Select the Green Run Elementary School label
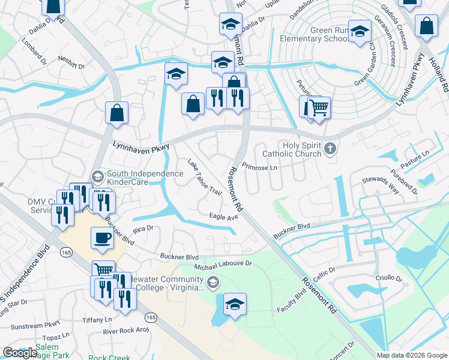coord(313,34)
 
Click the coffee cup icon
coord(102,238)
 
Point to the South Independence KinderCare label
coord(144,178)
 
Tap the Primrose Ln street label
coord(259,166)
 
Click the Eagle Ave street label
coord(223,217)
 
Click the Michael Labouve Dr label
coord(223,263)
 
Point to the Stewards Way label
coord(381,184)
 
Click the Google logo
coord(20,353)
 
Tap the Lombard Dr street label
coord(35,55)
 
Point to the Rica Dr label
coord(143,229)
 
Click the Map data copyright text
coord(412,355)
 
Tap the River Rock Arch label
coord(125,331)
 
